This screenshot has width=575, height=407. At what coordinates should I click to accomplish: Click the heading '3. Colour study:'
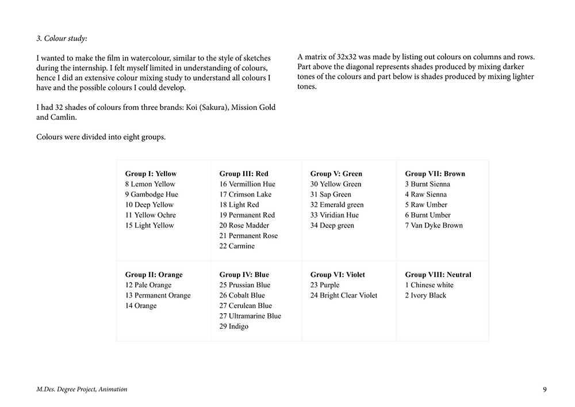point(62,39)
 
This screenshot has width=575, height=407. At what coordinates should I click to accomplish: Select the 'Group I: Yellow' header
point(151,173)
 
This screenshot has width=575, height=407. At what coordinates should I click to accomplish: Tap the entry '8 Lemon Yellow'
point(150,184)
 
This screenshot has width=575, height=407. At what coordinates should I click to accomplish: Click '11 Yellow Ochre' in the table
point(149,215)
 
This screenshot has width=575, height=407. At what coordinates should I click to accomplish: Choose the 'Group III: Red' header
point(244,173)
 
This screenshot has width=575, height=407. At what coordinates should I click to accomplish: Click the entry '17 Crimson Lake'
point(245,194)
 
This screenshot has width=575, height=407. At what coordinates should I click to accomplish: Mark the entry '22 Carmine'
point(237,246)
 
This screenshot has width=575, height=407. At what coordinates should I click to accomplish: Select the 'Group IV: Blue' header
point(244,275)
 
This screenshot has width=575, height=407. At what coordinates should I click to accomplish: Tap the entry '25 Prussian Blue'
point(244,285)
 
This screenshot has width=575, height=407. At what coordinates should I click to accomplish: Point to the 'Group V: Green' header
point(336,173)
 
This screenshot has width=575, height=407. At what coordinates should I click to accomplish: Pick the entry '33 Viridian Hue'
point(334,215)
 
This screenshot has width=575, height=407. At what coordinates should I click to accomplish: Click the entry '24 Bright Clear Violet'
point(344,295)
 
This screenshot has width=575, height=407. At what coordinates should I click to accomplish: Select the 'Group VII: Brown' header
point(435,173)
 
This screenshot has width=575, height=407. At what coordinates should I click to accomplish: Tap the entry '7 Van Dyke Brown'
point(434,225)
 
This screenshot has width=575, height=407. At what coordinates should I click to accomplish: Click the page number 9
point(545,389)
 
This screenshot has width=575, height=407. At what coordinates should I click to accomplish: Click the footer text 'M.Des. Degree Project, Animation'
point(82,389)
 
